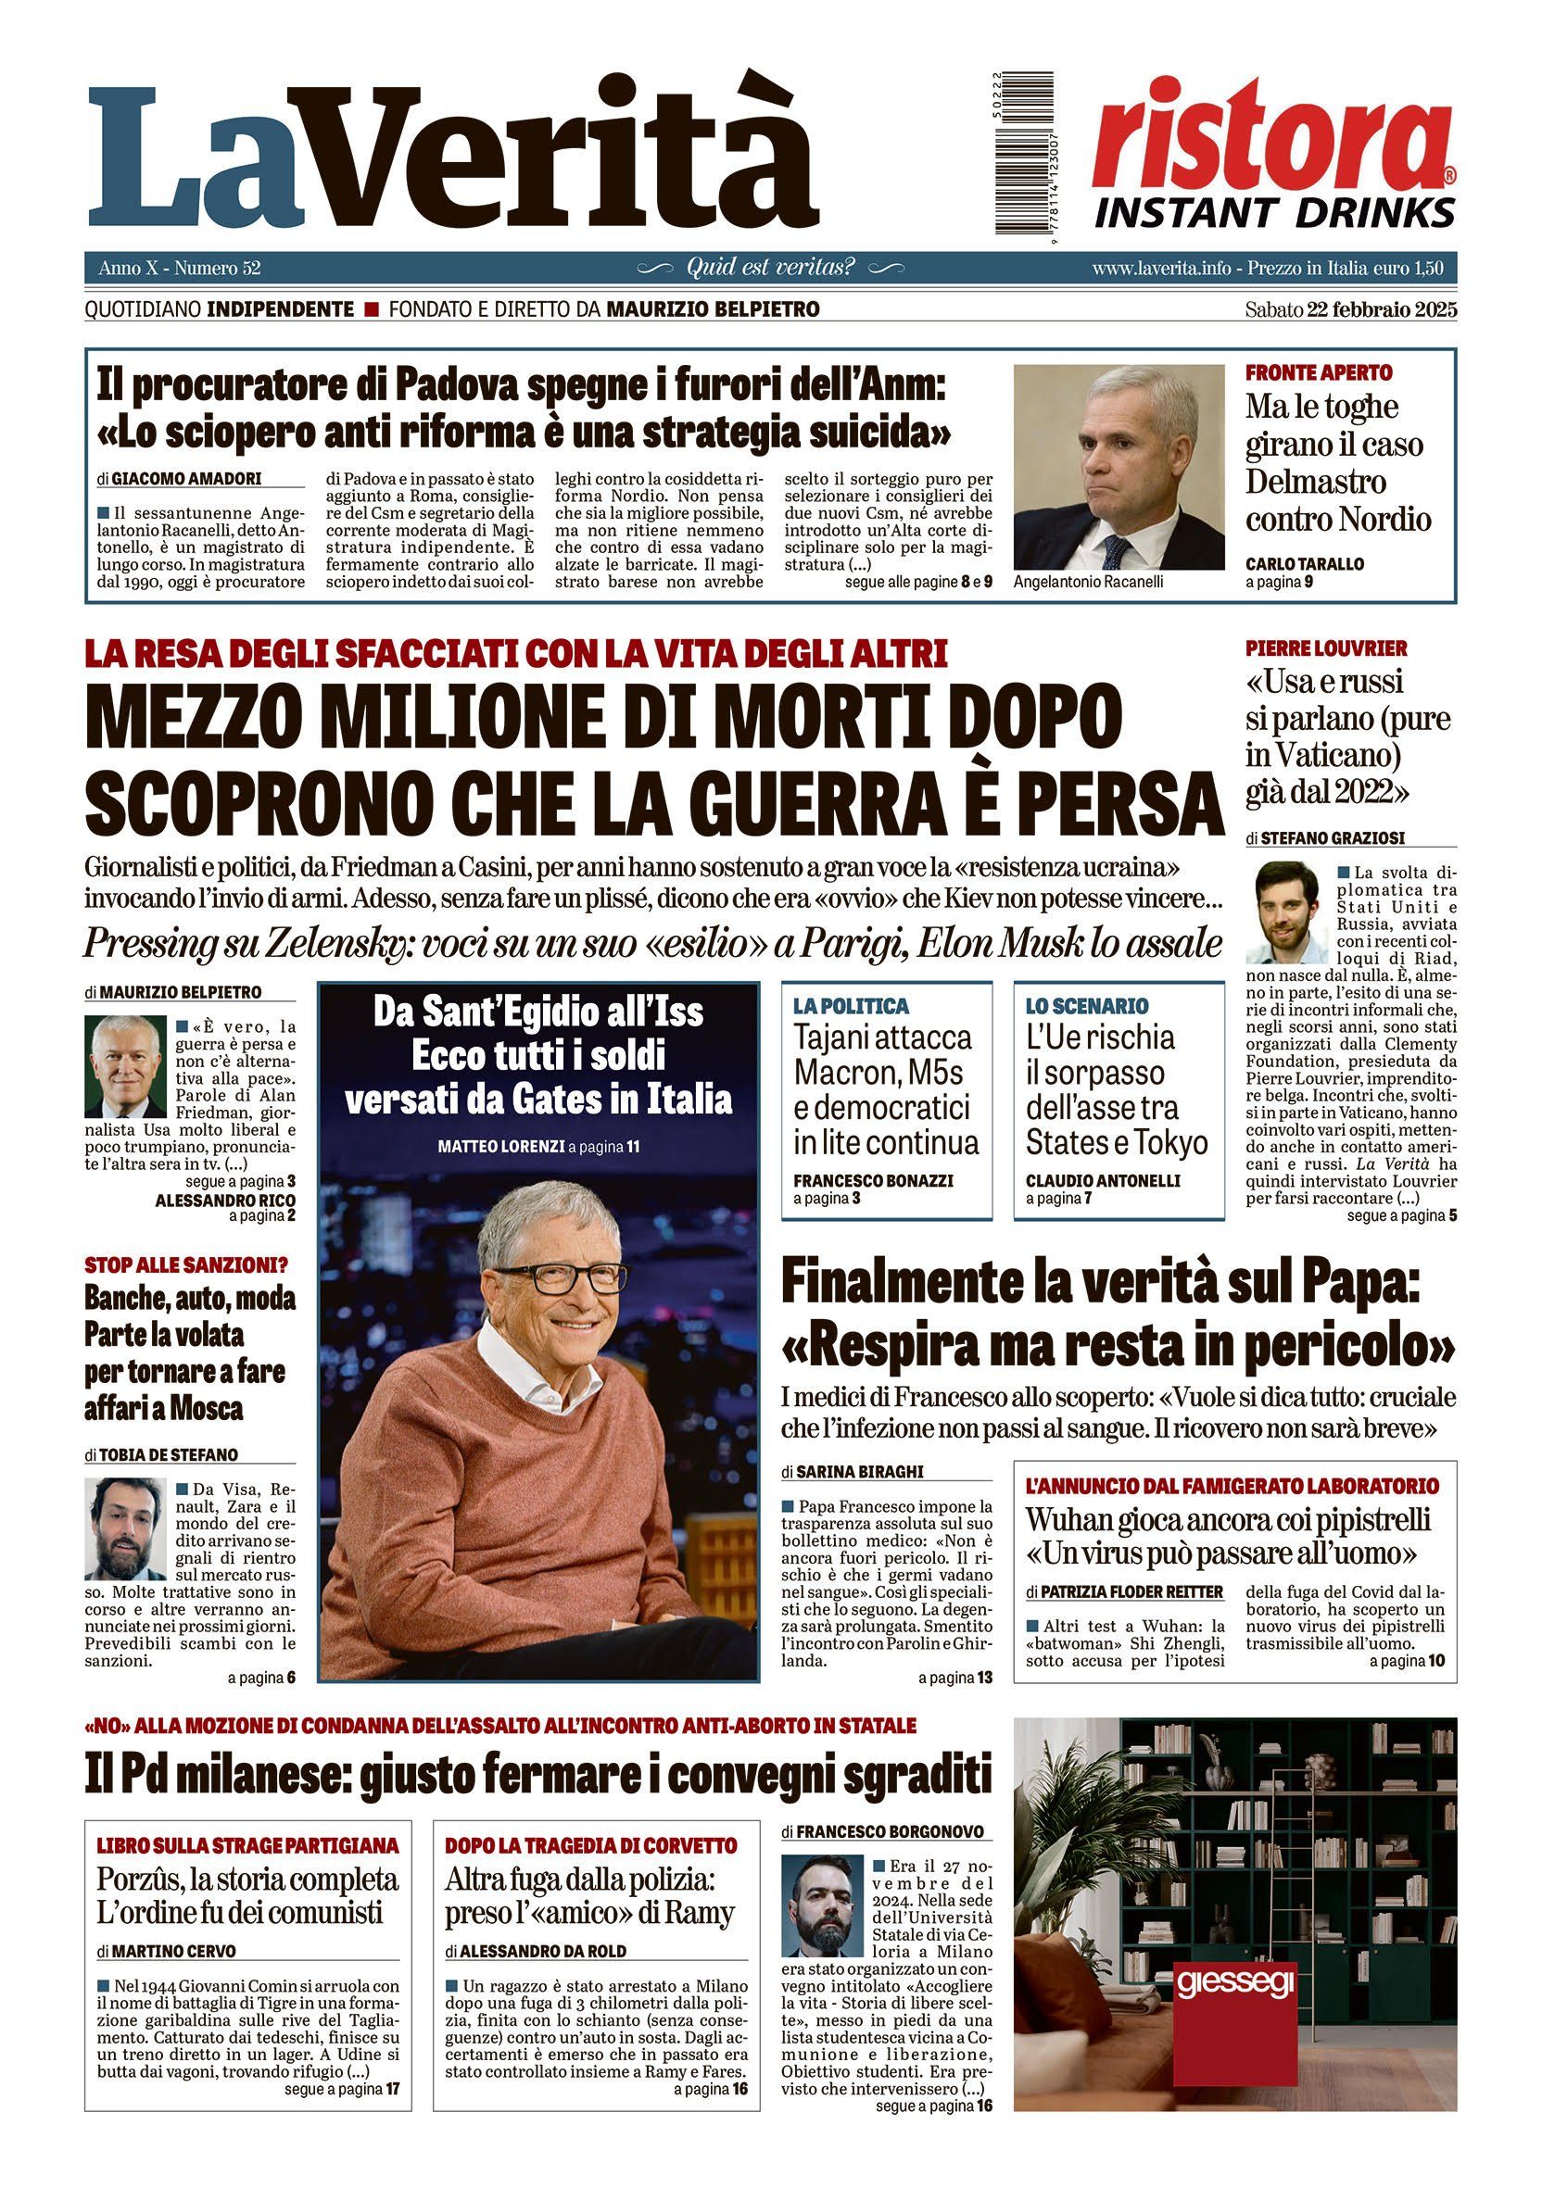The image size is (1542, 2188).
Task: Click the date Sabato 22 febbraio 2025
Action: tap(1349, 309)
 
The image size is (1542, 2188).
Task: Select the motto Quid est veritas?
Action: tap(770, 268)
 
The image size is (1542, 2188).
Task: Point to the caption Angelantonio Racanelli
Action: tap(1088, 582)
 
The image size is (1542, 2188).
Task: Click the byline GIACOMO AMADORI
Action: tap(186, 478)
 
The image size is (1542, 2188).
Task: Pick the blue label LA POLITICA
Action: tap(851, 1005)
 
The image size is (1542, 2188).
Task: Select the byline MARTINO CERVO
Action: tap(173, 1951)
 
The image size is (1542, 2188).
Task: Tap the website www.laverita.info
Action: tap(1161, 269)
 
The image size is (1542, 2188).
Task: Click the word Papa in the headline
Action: tap(1351, 1288)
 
